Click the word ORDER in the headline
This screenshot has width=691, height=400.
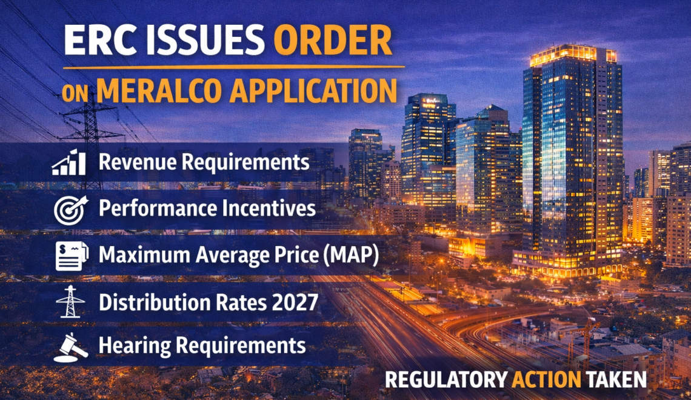pyautogui.click(x=333, y=39)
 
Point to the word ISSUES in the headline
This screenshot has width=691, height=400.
pyautogui.click(x=201, y=39)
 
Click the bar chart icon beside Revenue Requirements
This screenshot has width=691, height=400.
pyautogui.click(x=68, y=162)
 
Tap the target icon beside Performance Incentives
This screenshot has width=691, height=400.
pyautogui.click(x=70, y=210)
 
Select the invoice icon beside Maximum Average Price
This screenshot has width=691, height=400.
pyautogui.click(x=72, y=256)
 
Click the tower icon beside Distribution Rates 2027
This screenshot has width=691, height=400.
pyautogui.click(x=70, y=302)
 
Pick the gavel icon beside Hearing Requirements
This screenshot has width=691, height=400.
pyautogui.click(x=70, y=348)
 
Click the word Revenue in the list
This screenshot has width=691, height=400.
pyautogui.click(x=137, y=162)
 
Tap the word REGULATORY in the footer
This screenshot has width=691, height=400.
pyautogui.click(x=446, y=380)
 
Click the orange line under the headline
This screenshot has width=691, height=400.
pyautogui.click(x=233, y=67)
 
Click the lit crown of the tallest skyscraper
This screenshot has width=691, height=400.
pyautogui.click(x=573, y=55)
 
